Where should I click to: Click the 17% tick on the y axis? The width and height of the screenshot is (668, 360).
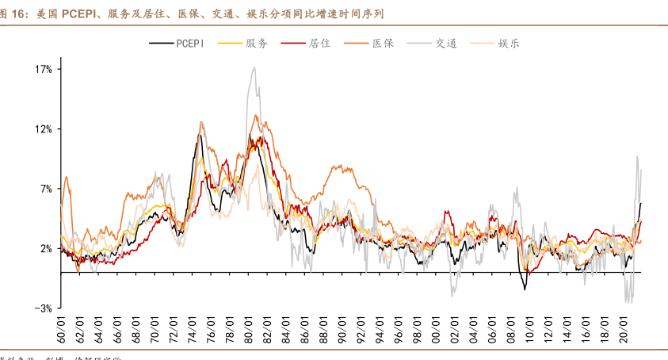[x=44, y=69]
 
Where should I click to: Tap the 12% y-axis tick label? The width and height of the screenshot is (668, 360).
[x=44, y=129]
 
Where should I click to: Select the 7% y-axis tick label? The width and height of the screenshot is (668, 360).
[x=46, y=189]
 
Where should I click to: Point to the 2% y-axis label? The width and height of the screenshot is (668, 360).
[x=46, y=248]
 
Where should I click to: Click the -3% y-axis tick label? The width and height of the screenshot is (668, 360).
[x=44, y=308]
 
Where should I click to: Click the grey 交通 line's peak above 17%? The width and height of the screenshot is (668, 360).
[x=254, y=67]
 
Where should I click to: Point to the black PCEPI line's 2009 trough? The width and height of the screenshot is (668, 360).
[x=525, y=289]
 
